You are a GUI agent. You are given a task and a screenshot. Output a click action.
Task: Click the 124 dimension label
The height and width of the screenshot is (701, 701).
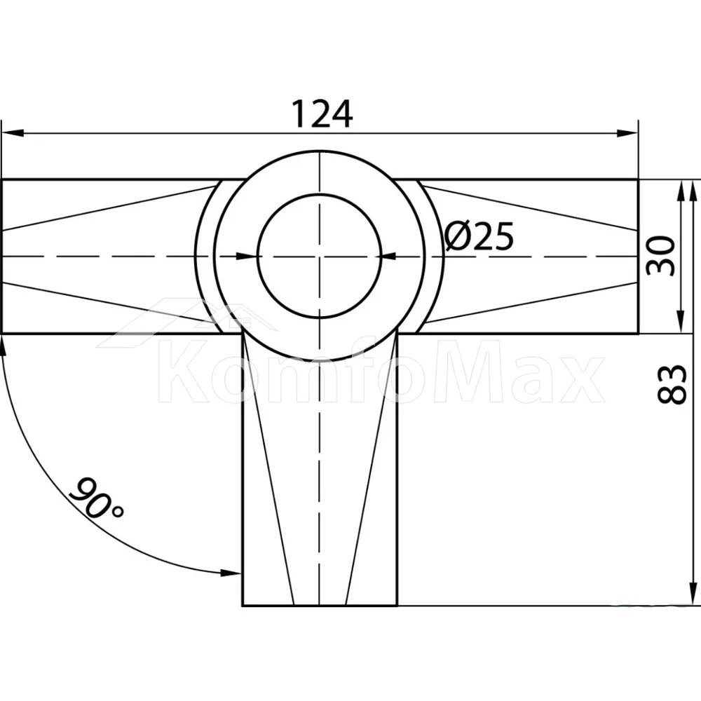point(322,114)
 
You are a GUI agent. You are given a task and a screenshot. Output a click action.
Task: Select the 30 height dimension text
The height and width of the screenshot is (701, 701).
point(661,256)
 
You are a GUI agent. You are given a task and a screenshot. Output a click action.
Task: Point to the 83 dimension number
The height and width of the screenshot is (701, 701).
point(672,385)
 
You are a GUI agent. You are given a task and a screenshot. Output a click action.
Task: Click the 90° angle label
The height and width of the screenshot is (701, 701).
point(96,498)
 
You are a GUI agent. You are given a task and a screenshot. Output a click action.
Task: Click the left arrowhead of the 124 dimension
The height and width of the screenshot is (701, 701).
point(13,133)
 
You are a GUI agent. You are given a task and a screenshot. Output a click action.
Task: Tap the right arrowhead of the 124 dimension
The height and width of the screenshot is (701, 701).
point(627,133)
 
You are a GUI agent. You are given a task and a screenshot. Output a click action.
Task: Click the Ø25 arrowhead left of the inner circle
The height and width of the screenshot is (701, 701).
point(247,256)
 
